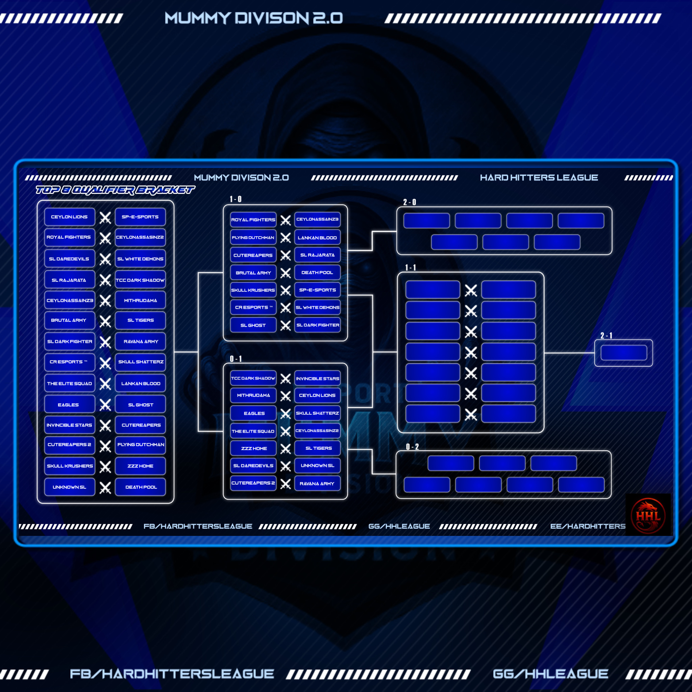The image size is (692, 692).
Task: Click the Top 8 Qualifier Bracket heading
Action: [x=115, y=190]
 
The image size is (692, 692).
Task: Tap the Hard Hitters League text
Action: [x=539, y=178]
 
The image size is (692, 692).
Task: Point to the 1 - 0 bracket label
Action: [x=236, y=199]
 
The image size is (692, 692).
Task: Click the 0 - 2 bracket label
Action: [x=412, y=447]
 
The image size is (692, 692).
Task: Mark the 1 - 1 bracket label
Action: [x=411, y=268]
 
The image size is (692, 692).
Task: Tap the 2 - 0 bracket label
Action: [x=410, y=202]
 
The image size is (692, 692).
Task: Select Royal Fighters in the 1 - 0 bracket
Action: [x=253, y=220]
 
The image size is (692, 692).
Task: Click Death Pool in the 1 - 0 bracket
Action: [x=317, y=273]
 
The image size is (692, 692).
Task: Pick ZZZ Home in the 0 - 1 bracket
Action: [x=254, y=448]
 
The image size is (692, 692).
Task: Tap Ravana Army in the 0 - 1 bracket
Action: [x=317, y=484]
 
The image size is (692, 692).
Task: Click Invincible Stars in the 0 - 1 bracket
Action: [x=317, y=378]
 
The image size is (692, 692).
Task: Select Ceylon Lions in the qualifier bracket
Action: [x=69, y=217]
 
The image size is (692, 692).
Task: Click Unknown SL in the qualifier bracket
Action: [x=69, y=487]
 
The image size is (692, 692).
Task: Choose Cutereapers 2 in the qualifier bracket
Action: [x=69, y=445]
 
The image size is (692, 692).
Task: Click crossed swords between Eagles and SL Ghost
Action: [x=105, y=405]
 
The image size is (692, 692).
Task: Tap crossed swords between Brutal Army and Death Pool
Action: [x=286, y=273]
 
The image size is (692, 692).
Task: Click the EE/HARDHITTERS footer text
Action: [x=587, y=526]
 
